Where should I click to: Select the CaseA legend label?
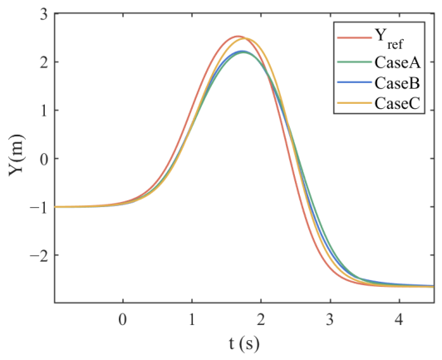pos(397,62)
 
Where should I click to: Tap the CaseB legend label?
pos(397,83)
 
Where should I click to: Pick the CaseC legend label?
pos(397,104)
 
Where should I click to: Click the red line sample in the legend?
pos(354,37)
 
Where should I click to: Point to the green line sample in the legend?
pos(354,62)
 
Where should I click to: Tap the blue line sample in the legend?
pos(354,82)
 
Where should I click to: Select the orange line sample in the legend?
pos(354,103)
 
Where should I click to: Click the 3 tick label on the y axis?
pos(44,15)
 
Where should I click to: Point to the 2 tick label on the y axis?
pos(44,62)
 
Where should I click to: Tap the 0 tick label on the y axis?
pos(44,159)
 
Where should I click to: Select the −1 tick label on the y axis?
pos(39,207)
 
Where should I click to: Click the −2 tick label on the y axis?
pos(39,255)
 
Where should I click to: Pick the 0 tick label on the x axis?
pos(123,320)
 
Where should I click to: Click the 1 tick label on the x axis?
pos(192,320)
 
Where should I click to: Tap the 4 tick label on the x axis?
pos(399,320)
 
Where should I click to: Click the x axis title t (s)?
pos(243,344)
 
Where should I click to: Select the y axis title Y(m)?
pos(17,155)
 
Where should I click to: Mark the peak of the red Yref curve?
pos(238,37)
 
